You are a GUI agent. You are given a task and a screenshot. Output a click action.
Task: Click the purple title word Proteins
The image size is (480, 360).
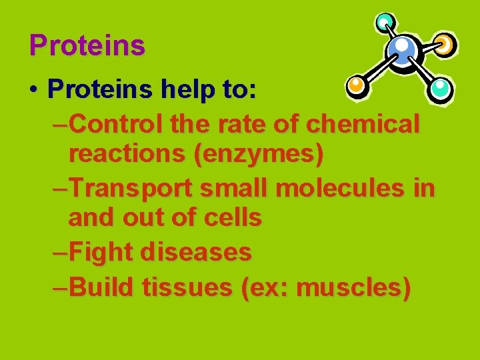point(87,45)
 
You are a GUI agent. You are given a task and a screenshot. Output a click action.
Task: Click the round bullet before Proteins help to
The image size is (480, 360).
point(33,89)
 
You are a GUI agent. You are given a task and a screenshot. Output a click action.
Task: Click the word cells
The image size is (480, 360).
point(233,218)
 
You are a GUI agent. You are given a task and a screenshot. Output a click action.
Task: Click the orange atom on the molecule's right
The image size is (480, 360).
point(444,44)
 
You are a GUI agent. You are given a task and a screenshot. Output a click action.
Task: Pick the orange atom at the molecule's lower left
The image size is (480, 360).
point(357,85)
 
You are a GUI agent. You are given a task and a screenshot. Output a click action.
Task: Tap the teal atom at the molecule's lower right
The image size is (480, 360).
point(440,87)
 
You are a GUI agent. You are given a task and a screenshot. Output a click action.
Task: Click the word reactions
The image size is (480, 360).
point(126,155)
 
